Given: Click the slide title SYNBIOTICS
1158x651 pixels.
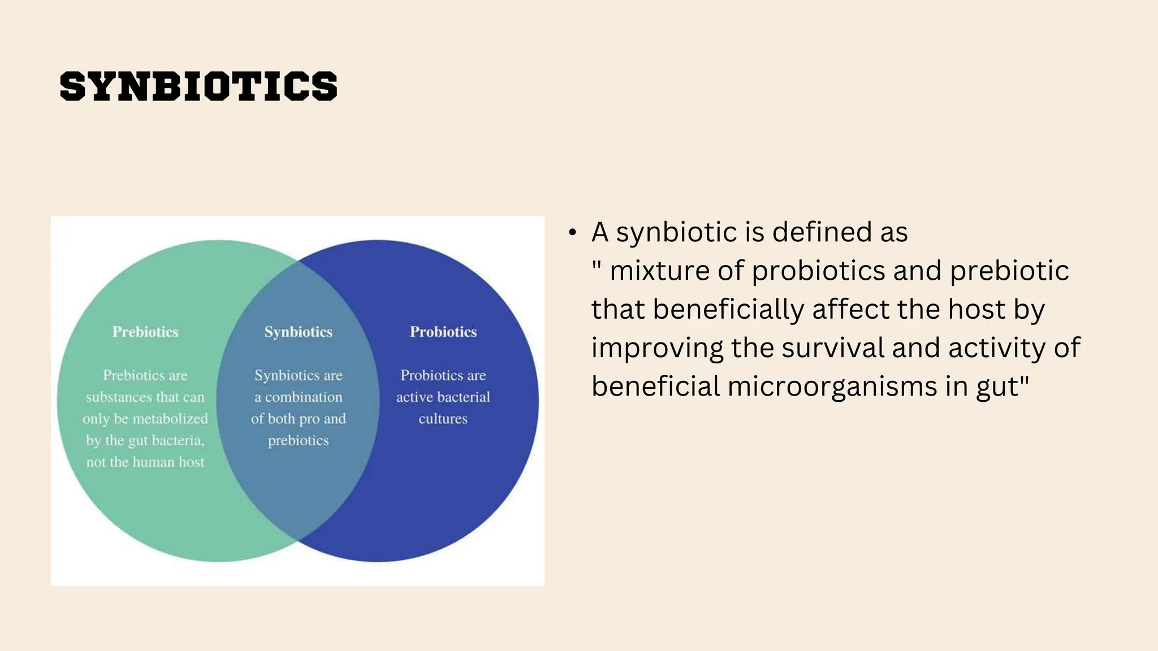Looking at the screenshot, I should pos(198,86).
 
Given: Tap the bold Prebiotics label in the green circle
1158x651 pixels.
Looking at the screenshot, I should pos(145,332).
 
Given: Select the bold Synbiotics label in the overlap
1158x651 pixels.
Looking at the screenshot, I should pos(299,332).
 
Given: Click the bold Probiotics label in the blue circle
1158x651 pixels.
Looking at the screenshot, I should pos(443,332).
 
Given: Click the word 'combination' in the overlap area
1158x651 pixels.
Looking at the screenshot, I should pos(304,397).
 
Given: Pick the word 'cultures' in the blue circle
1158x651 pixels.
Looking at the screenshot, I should pos(443,419).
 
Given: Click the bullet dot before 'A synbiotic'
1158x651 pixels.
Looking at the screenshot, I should pos(573,232).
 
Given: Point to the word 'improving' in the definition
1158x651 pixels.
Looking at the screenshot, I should pos(657,348).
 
